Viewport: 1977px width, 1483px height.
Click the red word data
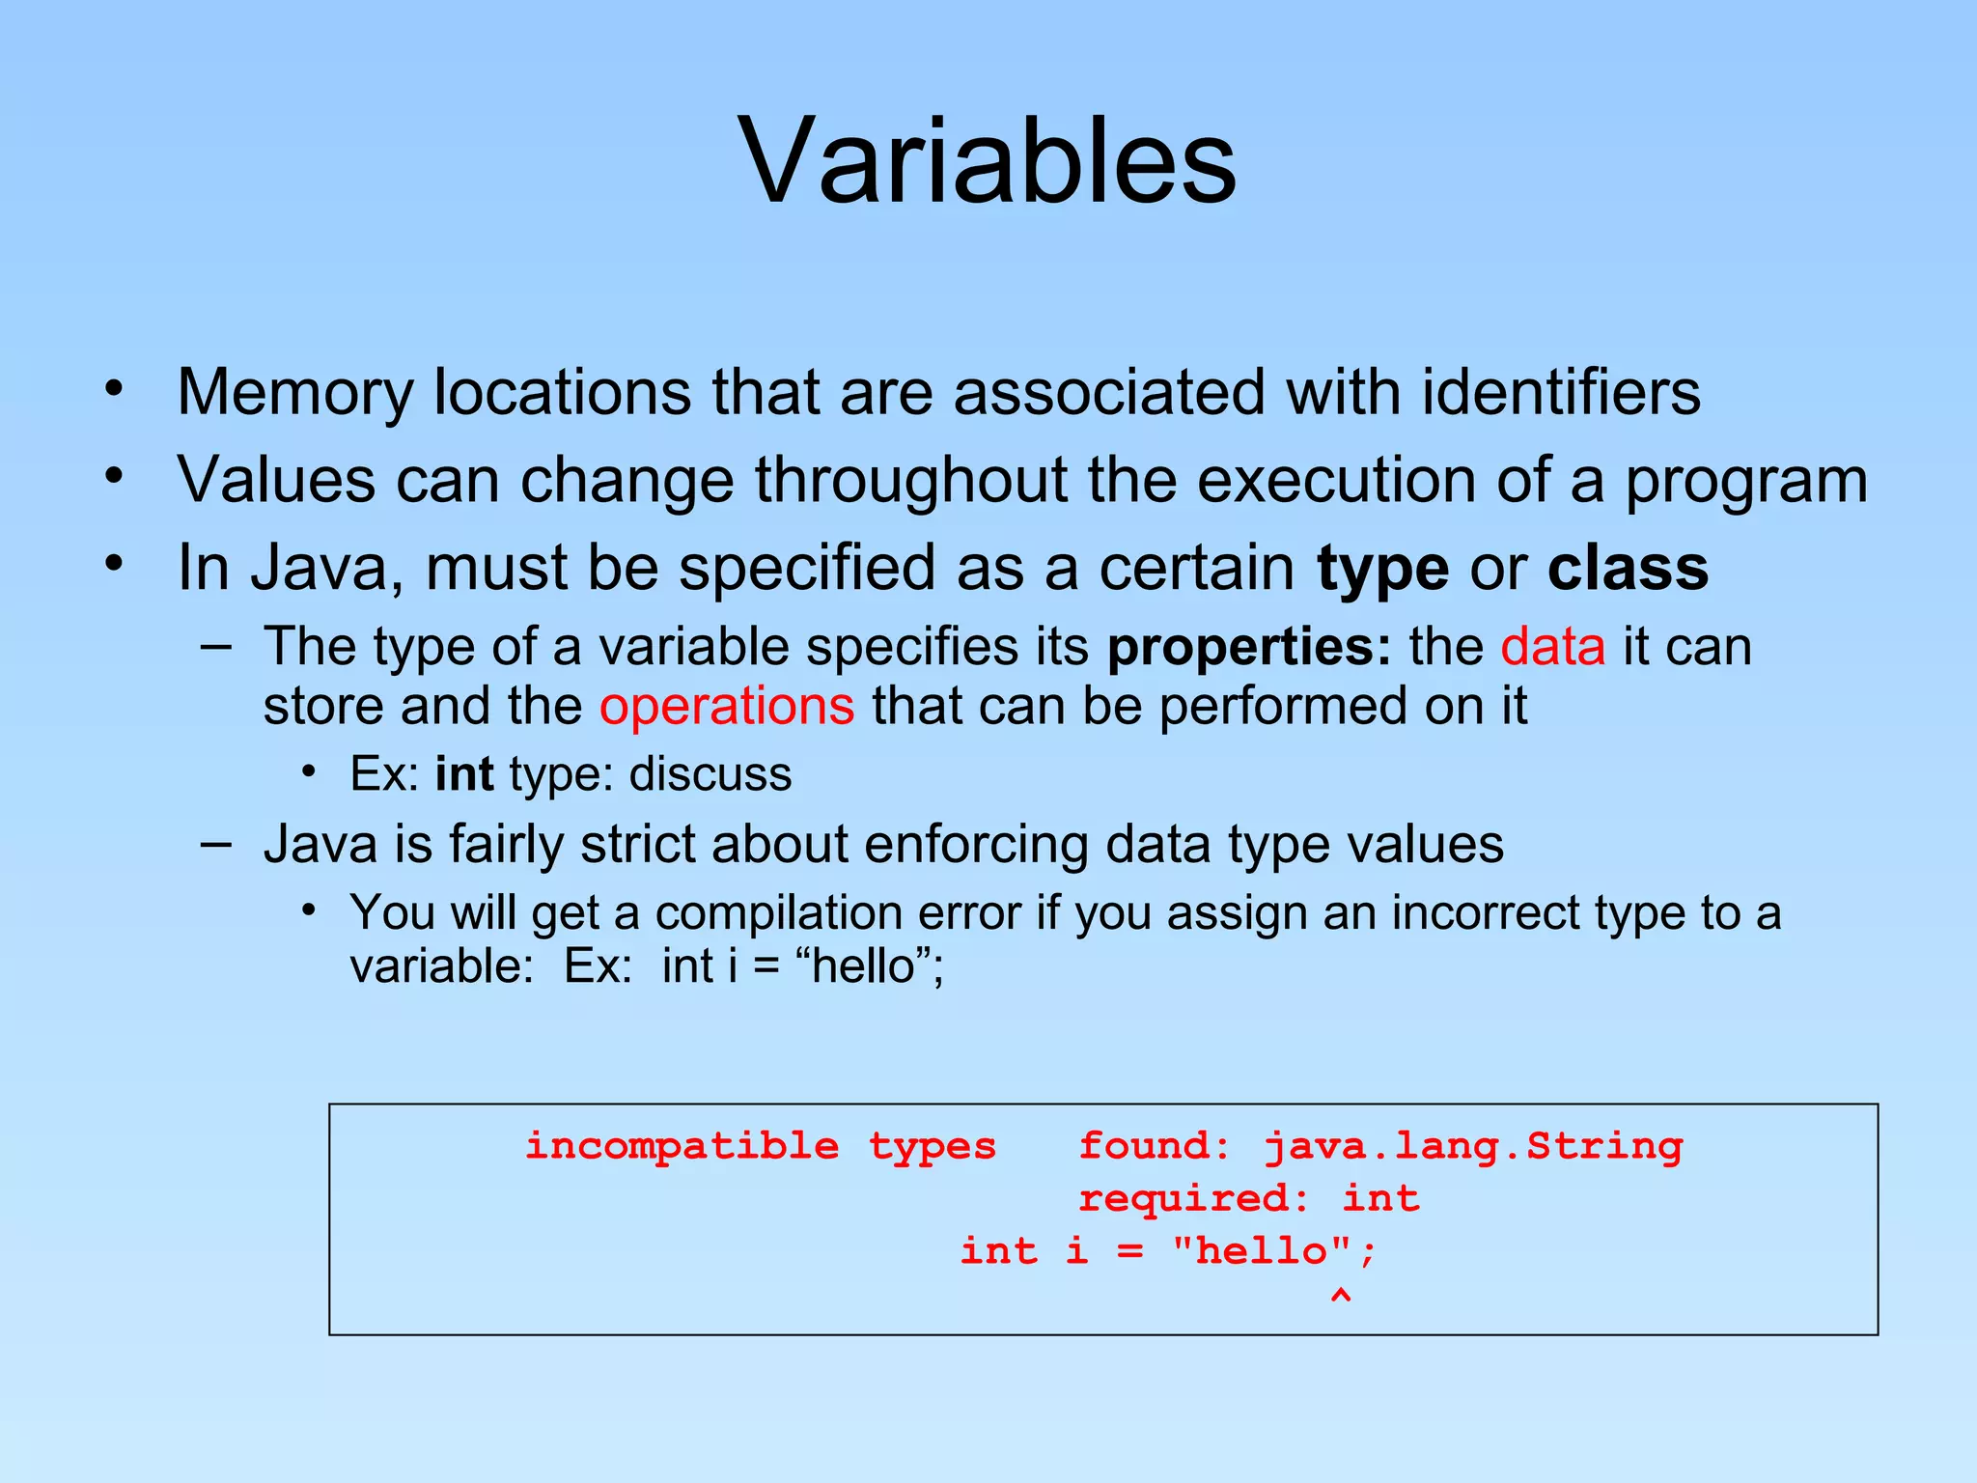(1552, 647)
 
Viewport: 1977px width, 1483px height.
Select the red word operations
(726, 706)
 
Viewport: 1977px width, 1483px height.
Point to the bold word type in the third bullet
(1382, 570)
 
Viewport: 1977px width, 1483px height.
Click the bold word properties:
(1249, 648)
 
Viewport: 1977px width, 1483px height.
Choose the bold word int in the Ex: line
(464, 774)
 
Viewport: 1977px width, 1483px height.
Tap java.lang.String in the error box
(1473, 1146)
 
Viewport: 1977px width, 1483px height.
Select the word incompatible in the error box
(682, 1146)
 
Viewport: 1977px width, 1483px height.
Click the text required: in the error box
(1193, 1198)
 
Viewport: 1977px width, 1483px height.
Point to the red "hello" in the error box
(1261, 1251)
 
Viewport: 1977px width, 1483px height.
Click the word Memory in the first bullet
(294, 393)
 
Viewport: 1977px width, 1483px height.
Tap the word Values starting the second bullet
(276, 480)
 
